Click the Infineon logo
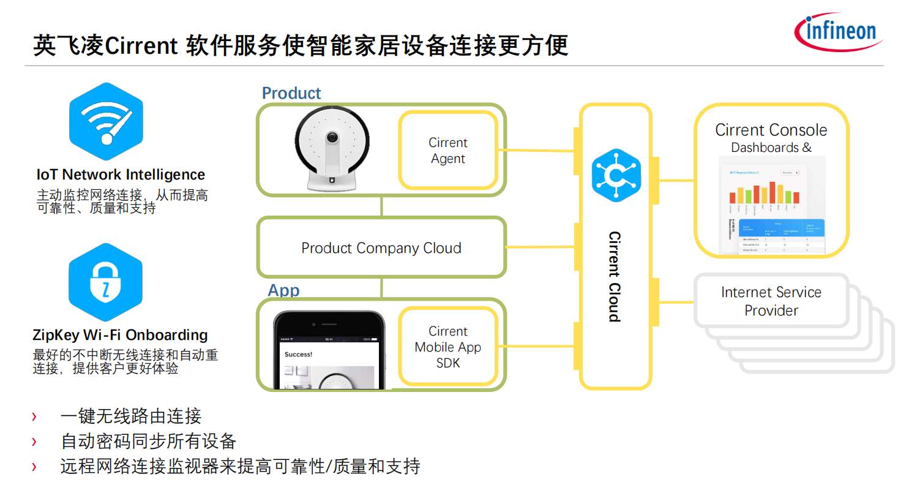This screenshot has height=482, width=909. (838, 31)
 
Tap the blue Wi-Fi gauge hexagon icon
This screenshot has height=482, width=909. (106, 121)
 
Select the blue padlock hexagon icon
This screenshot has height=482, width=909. (105, 282)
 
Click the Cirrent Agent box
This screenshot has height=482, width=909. (447, 151)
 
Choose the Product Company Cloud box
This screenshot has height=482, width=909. (381, 248)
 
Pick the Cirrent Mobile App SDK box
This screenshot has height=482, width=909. (447, 347)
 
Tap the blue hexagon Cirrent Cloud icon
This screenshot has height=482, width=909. (615, 175)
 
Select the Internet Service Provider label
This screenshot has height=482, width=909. (771, 301)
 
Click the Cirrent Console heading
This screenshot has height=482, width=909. (771, 130)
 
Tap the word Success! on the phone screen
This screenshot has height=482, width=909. (299, 354)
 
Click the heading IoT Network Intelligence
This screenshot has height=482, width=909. (121, 175)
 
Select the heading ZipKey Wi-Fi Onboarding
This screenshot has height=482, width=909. (120, 335)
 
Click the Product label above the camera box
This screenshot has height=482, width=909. (291, 93)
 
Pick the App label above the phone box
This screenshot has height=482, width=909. (283, 290)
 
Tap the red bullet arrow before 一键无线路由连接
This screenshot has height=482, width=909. (34, 417)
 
